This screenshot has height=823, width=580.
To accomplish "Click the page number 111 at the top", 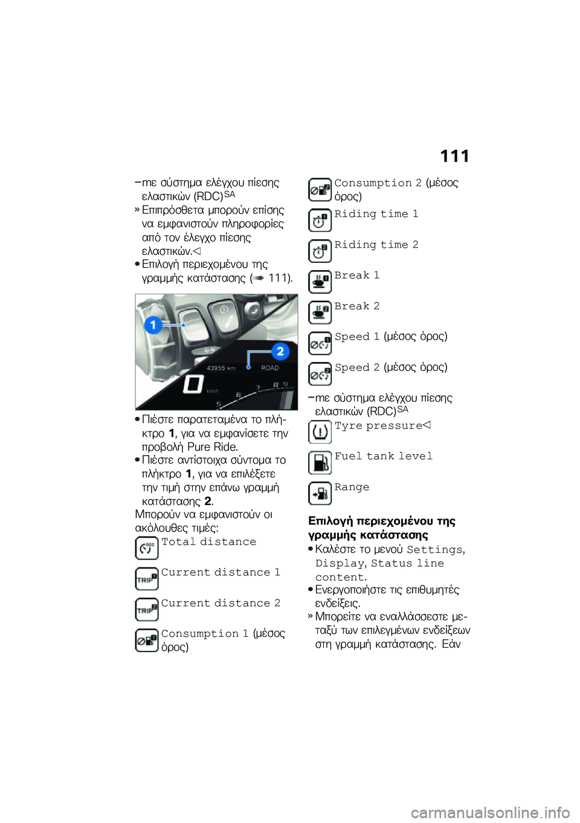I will tap(454, 157).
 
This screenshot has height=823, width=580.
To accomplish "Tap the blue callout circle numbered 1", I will tap(153, 325).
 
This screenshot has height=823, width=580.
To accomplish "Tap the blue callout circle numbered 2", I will tap(280, 352).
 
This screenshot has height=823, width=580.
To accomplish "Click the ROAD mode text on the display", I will tap(270, 367).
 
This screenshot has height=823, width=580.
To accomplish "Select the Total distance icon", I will tap(147, 548).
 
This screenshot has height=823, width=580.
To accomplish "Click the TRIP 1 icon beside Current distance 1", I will tap(147, 579).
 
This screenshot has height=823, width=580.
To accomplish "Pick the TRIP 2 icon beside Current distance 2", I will tap(147, 609).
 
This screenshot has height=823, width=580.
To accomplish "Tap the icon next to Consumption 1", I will tap(147, 640).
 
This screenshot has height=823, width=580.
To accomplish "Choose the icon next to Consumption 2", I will tap(320, 190).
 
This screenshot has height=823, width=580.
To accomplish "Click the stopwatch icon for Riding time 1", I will tap(320, 221).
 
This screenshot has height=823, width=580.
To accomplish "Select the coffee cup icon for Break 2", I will tap(320, 312).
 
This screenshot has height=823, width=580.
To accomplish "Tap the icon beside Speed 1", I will tap(320, 343).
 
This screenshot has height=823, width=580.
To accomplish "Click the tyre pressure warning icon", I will tap(320, 431).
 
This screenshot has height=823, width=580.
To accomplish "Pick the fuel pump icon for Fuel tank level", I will tap(320, 462).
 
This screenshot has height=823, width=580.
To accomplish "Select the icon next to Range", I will tap(320, 493).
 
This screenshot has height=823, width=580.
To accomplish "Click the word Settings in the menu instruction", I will tap(434, 550).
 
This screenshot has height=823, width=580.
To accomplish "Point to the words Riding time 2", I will tap(376, 245).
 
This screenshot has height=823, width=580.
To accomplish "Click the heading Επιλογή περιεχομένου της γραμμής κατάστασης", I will tap(382, 528).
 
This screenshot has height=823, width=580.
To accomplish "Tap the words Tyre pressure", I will tap(378, 426).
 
